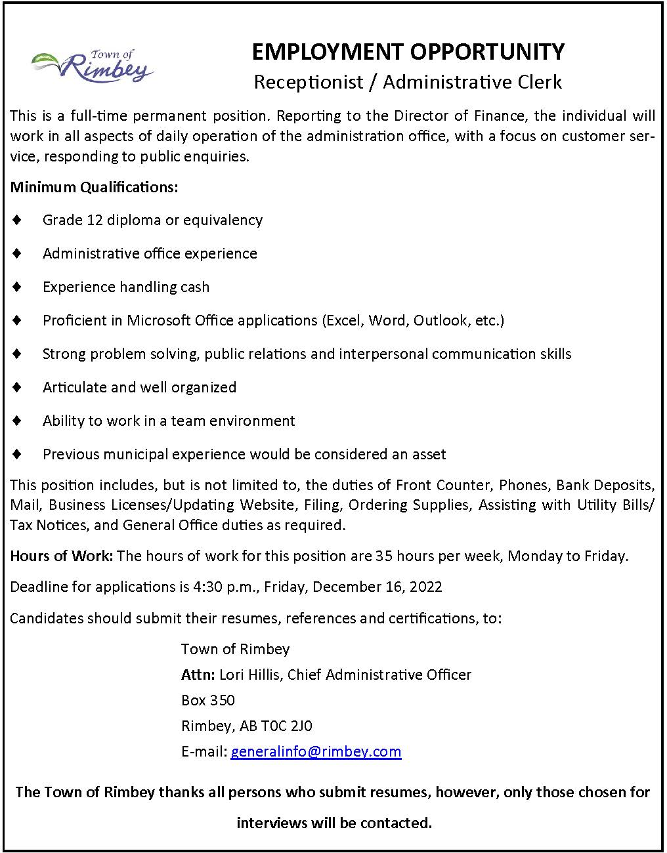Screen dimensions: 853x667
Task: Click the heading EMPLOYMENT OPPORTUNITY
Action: pos(408,52)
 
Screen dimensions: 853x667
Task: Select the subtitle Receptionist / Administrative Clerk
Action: pos(408,82)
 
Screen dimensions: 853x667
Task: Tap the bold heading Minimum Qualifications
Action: pos(94,187)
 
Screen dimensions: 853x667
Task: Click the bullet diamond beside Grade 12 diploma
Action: pos(17,220)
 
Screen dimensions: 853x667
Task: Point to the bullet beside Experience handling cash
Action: pos(17,287)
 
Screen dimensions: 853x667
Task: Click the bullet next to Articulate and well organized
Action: pos(17,387)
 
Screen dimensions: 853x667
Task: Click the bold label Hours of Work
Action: pos(62,556)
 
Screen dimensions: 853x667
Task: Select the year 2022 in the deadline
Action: pos(425,587)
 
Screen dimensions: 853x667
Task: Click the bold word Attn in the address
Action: pos(198,675)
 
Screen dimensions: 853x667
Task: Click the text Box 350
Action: pos(207,700)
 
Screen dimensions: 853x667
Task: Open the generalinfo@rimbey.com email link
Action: pos(316,751)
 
